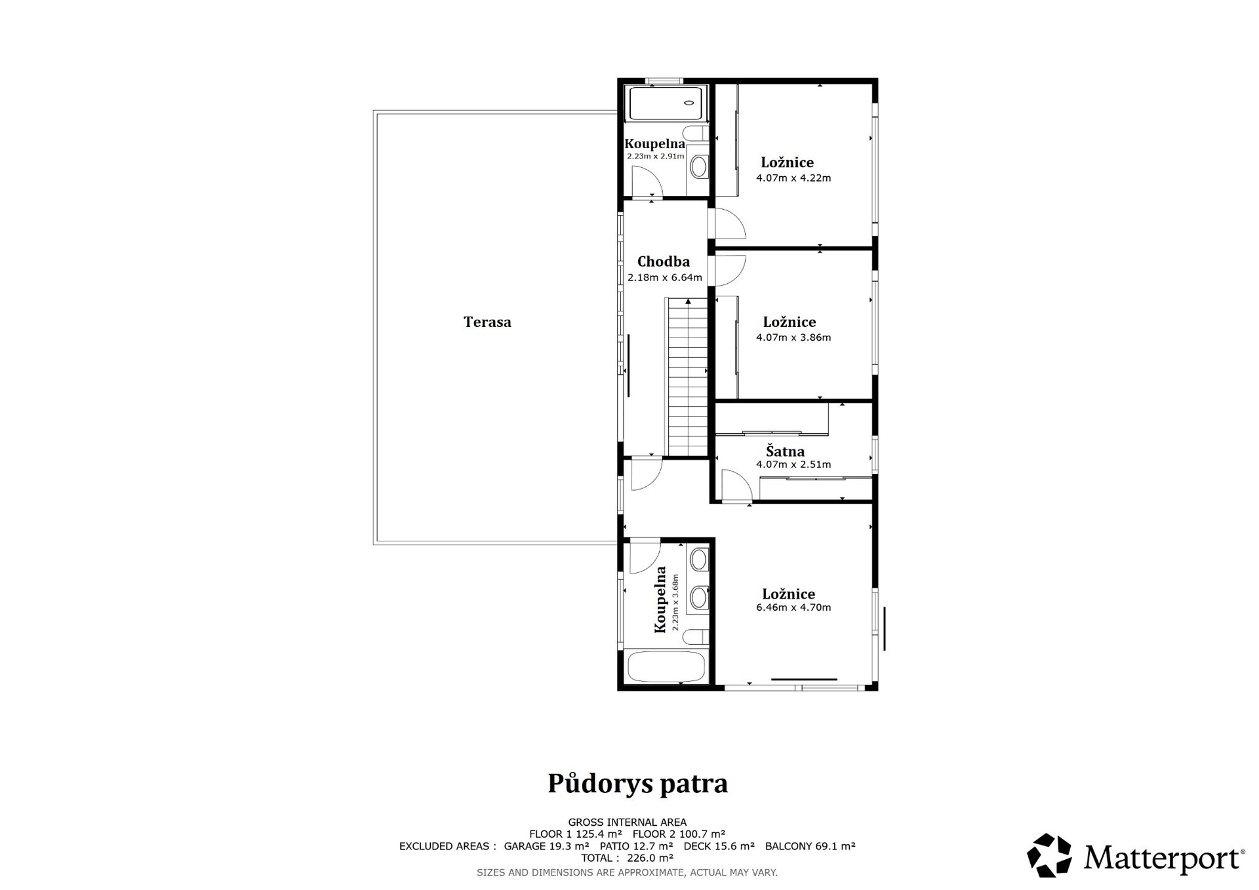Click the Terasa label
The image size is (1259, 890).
point(487,322)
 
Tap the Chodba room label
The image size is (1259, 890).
point(664,261)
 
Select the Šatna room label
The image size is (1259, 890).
point(786,451)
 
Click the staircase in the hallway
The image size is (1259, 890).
point(688,377)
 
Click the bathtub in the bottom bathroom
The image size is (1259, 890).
point(666,667)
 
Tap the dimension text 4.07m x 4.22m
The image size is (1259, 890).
point(793,178)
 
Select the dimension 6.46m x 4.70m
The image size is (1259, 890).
point(793,608)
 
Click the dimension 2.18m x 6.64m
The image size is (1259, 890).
point(665,278)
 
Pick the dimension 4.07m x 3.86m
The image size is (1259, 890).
point(793,338)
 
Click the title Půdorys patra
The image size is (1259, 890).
point(638,784)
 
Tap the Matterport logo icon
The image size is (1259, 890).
point(1049,855)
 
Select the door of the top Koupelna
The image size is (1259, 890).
point(647,181)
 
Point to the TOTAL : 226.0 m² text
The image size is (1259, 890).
point(627,858)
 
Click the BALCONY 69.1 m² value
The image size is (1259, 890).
point(810,846)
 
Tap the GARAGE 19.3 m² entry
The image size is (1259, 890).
point(546,846)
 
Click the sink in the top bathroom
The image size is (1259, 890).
point(699,166)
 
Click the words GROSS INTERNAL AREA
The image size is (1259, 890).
point(627,822)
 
